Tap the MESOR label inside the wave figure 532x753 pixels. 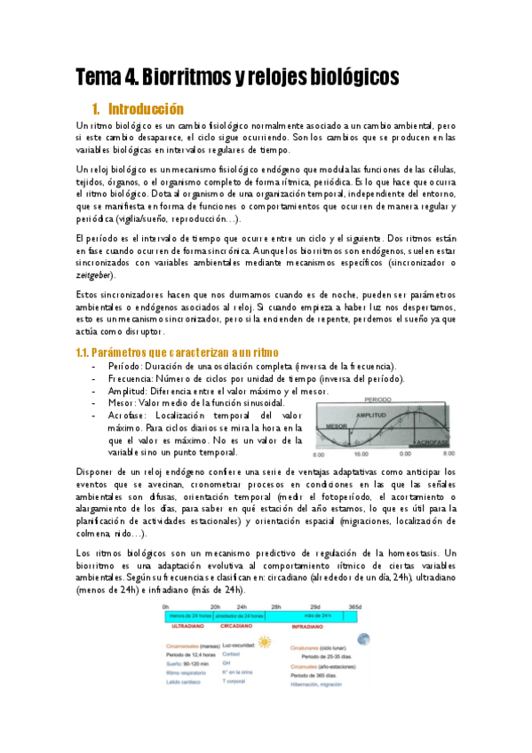point(337,426)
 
